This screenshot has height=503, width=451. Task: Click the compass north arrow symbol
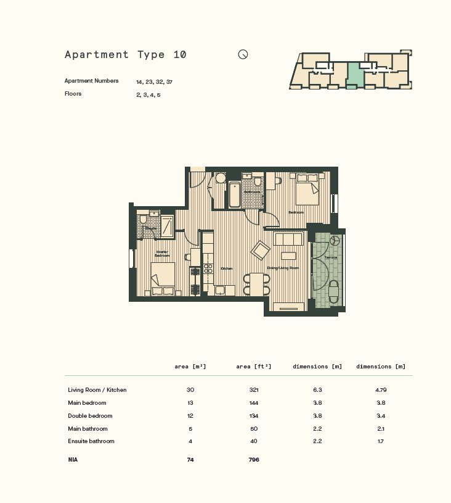243,54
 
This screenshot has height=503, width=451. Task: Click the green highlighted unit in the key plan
354,75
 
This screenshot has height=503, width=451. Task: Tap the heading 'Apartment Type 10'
126,54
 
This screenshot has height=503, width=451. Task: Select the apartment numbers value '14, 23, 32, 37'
154,81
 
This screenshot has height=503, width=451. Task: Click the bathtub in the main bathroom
235,194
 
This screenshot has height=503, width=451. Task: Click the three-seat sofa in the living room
288,239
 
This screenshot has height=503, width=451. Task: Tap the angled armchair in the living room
260,250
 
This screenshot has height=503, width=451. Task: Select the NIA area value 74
190,460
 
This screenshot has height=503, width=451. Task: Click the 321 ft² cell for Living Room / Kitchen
253,390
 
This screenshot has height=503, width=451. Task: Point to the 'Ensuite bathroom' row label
91,441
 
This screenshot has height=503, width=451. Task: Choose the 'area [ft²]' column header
253,367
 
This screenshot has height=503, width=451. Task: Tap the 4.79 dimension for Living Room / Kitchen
381,390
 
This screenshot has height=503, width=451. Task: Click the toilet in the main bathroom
258,181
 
